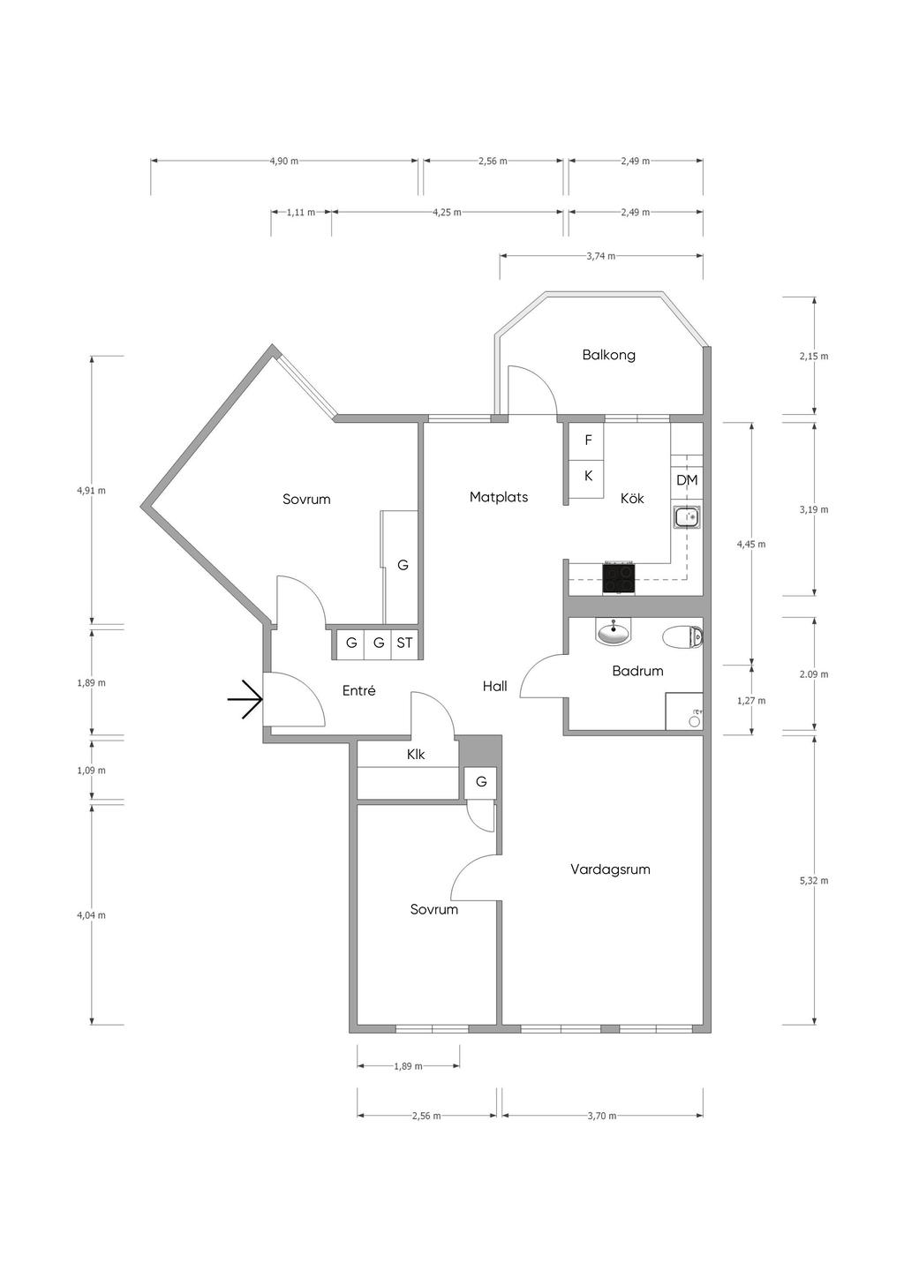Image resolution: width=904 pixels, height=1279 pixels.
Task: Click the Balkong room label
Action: [608, 355]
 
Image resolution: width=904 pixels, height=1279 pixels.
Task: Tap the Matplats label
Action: [499, 497]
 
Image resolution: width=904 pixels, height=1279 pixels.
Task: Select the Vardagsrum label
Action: [610, 869]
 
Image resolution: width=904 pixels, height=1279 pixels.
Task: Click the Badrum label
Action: [637, 671]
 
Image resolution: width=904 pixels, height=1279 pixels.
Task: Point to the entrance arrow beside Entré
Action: [245, 699]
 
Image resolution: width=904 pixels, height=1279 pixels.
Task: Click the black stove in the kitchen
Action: [619, 578]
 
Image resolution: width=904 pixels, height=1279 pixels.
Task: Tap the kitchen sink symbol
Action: [687, 518]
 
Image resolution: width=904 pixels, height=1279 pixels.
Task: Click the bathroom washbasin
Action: [614, 631]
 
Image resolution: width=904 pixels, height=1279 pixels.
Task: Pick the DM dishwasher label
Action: [687, 480]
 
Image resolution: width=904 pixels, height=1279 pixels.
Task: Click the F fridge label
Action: [588, 440]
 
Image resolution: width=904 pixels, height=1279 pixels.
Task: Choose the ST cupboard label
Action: [404, 643]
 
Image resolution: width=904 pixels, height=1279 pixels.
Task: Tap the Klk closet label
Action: [416, 755]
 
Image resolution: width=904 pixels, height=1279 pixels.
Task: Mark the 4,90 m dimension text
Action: [283, 161]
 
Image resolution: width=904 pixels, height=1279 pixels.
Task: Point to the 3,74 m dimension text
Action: [601, 256]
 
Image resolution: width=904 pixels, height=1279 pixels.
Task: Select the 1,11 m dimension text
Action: [301, 213]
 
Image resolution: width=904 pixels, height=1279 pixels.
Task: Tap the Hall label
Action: [494, 687]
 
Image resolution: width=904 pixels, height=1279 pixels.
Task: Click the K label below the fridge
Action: [588, 476]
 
